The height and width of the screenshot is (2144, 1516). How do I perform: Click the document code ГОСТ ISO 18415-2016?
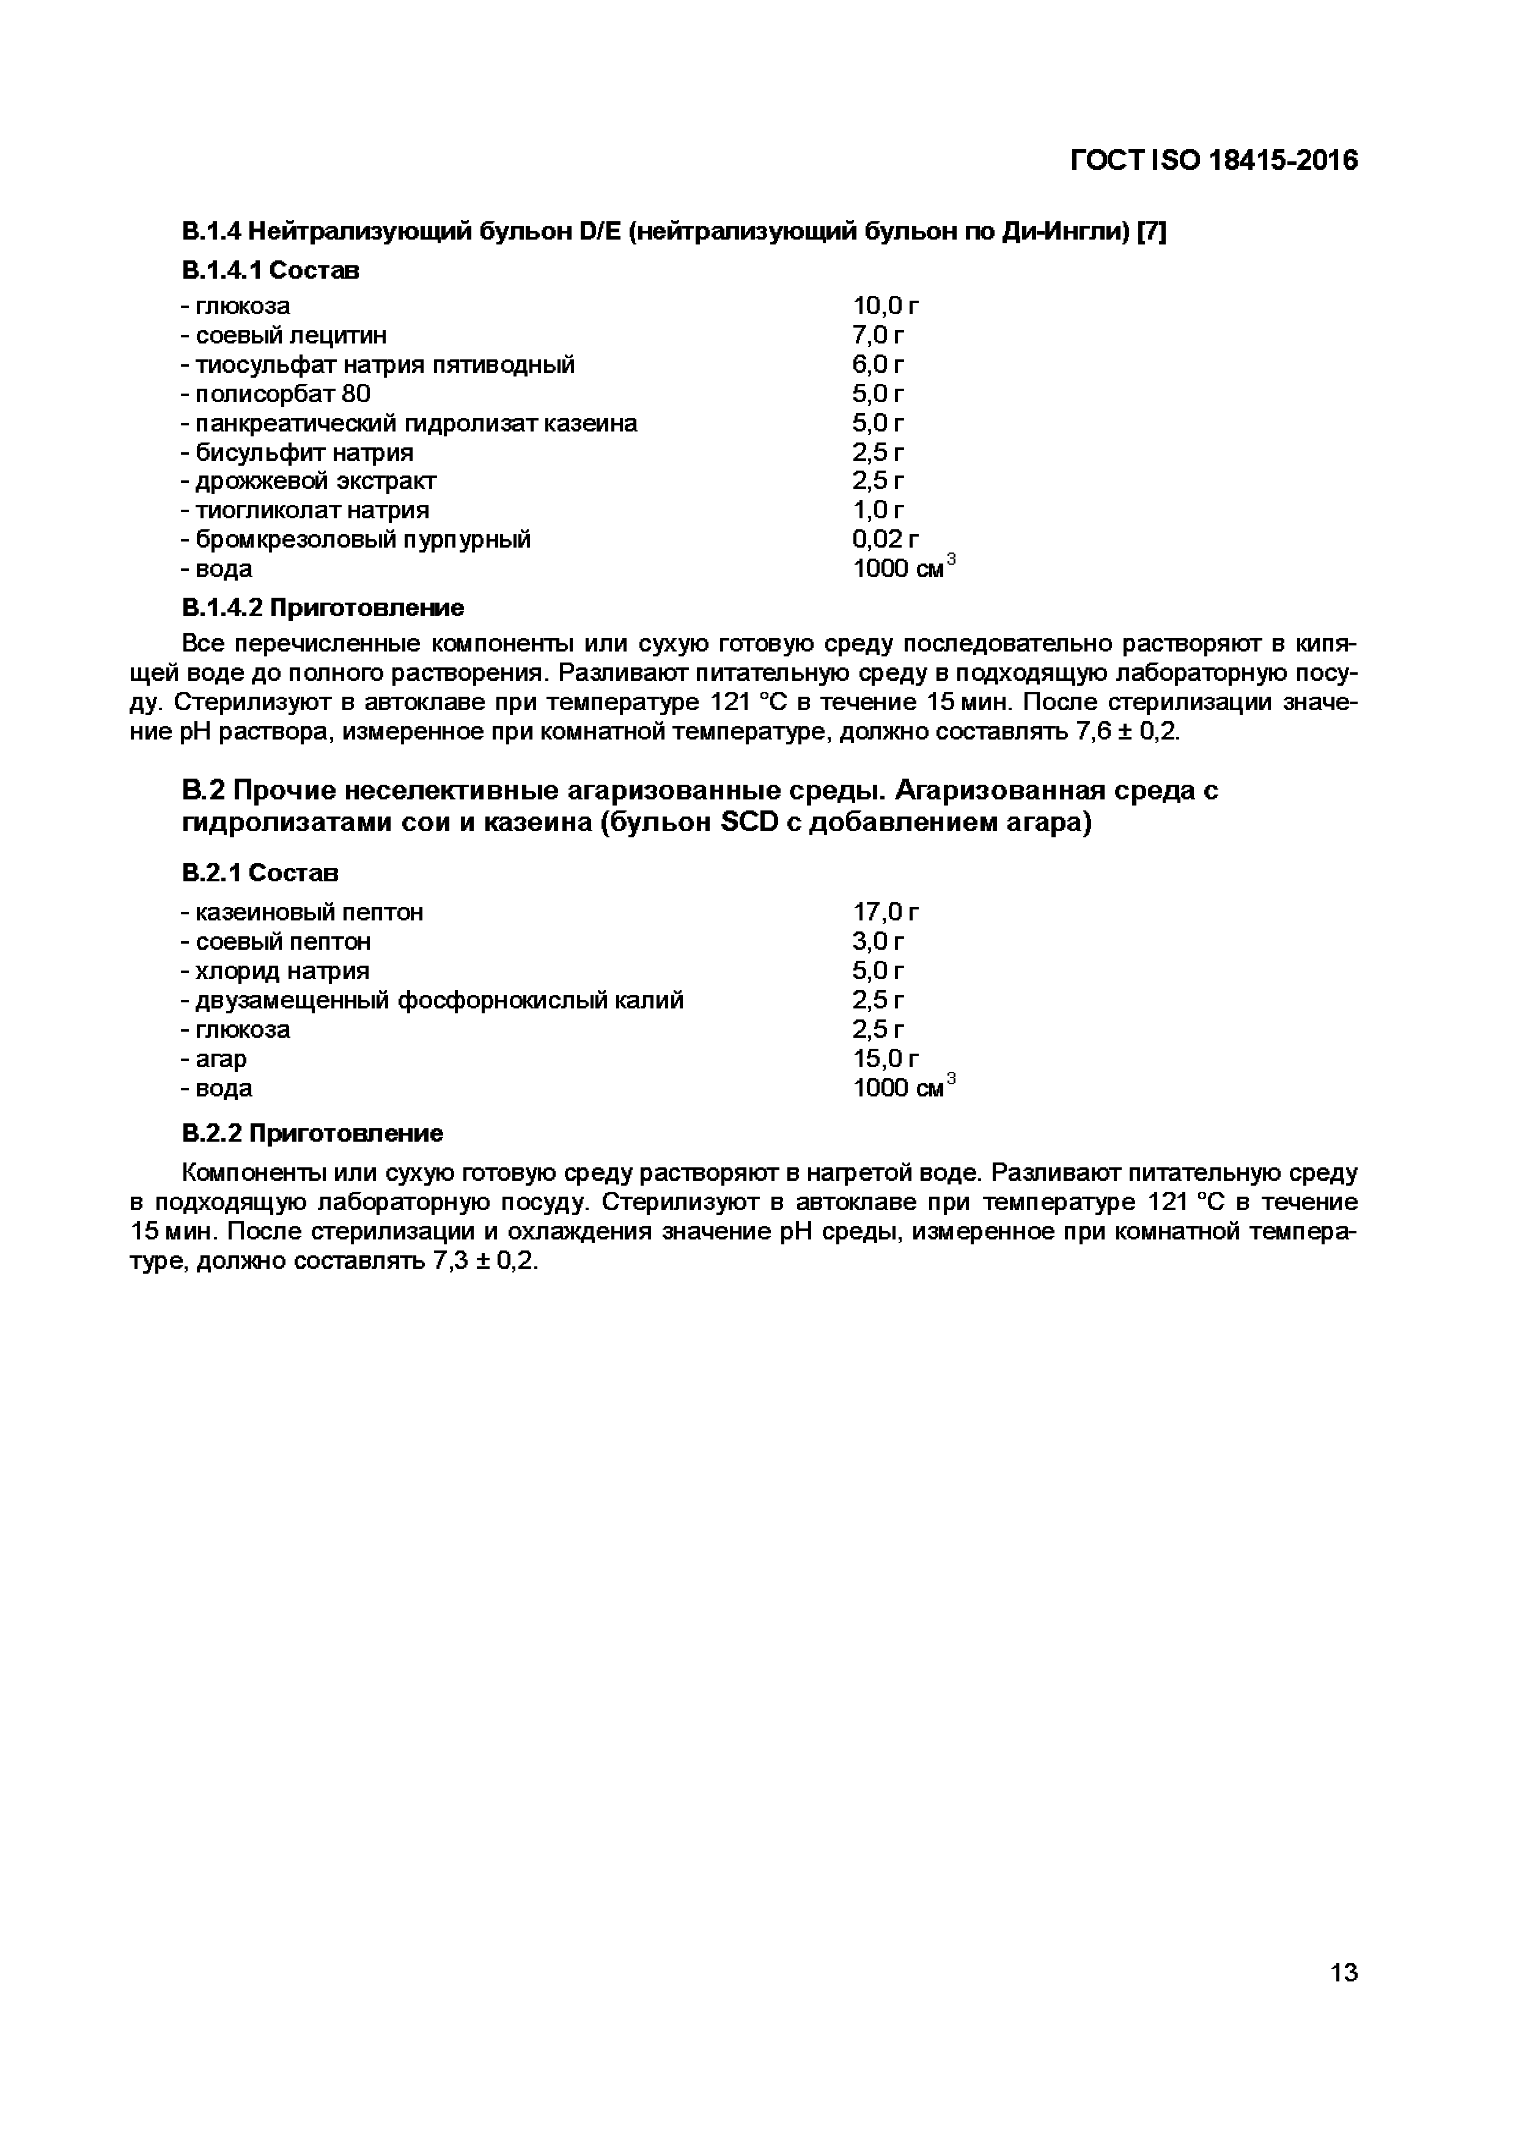(x=1213, y=161)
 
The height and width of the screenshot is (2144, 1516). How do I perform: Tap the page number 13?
(x=1343, y=1972)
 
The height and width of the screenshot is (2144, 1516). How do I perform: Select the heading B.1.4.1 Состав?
(x=270, y=271)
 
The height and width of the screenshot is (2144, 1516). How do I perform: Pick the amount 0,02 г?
(x=885, y=540)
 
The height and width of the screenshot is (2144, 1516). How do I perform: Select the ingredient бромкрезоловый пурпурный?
(x=355, y=540)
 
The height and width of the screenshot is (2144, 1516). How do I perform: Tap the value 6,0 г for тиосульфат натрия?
(x=878, y=364)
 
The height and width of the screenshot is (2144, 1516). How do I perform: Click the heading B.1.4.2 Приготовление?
(x=322, y=608)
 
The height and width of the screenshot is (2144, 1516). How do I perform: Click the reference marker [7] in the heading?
(x=1151, y=232)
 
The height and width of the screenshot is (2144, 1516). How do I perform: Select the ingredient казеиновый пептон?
(x=302, y=912)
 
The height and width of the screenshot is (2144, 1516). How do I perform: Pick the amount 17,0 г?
(x=885, y=912)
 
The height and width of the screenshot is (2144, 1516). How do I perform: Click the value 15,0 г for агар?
(x=885, y=1059)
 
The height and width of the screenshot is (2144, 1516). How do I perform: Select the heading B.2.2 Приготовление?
(x=312, y=1134)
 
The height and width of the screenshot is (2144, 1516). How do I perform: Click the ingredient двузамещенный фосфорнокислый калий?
(x=432, y=1000)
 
